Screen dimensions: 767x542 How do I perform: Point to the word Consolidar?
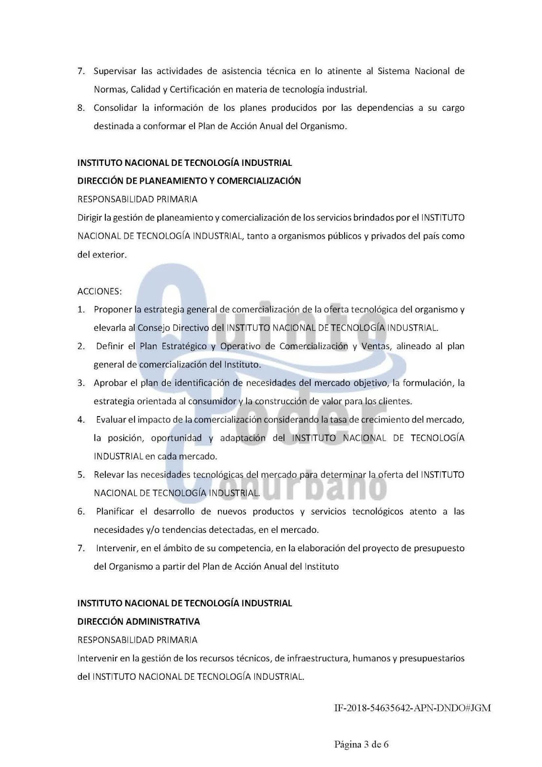(x=115, y=108)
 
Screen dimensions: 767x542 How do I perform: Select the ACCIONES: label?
(x=100, y=291)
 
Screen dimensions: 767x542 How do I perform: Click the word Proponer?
(x=113, y=310)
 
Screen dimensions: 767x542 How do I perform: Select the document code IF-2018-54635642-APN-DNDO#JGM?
(x=412, y=708)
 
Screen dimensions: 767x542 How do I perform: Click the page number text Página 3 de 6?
(x=361, y=744)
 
